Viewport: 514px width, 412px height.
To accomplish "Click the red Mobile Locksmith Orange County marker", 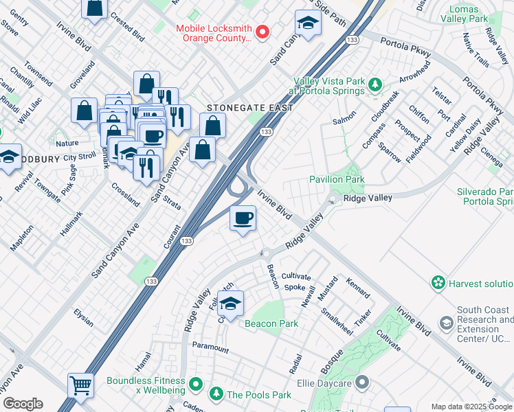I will (262, 32).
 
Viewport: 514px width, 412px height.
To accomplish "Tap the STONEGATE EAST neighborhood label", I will (251, 108).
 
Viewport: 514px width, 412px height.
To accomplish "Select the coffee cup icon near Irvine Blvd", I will (243, 219).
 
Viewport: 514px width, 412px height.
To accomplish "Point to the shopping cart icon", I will (80, 385).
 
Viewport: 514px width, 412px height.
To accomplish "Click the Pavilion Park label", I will (337, 179).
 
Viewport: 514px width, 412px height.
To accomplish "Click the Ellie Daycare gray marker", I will (362, 382).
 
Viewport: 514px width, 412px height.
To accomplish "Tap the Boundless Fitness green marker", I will (196, 383).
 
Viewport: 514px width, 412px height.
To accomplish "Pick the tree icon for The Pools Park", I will (216, 394).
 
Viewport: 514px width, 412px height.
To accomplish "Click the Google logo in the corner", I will (22, 404).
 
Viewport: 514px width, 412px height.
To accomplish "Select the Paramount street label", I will (210, 348).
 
